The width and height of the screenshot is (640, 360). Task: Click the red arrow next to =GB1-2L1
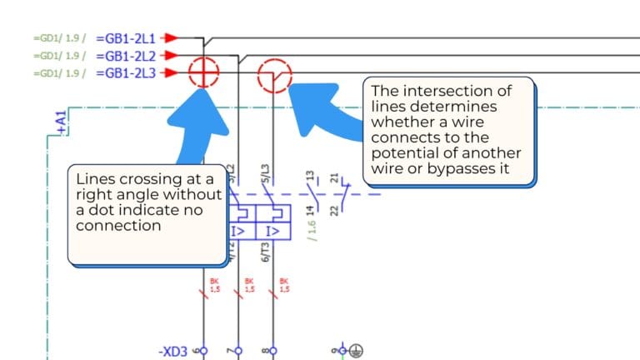click(x=170, y=38)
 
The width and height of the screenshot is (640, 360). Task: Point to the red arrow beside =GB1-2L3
click(x=170, y=73)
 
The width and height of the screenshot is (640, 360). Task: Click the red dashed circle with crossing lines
click(x=203, y=73)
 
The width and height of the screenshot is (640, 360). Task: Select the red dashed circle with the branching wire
click(x=274, y=76)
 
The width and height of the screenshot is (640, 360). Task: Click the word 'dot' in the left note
click(x=97, y=209)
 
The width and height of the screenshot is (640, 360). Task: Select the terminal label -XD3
click(x=173, y=351)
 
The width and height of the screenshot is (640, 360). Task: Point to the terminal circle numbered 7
click(x=238, y=351)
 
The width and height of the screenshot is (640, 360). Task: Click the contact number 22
click(x=334, y=209)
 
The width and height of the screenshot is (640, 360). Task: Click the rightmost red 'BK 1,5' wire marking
click(x=283, y=285)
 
